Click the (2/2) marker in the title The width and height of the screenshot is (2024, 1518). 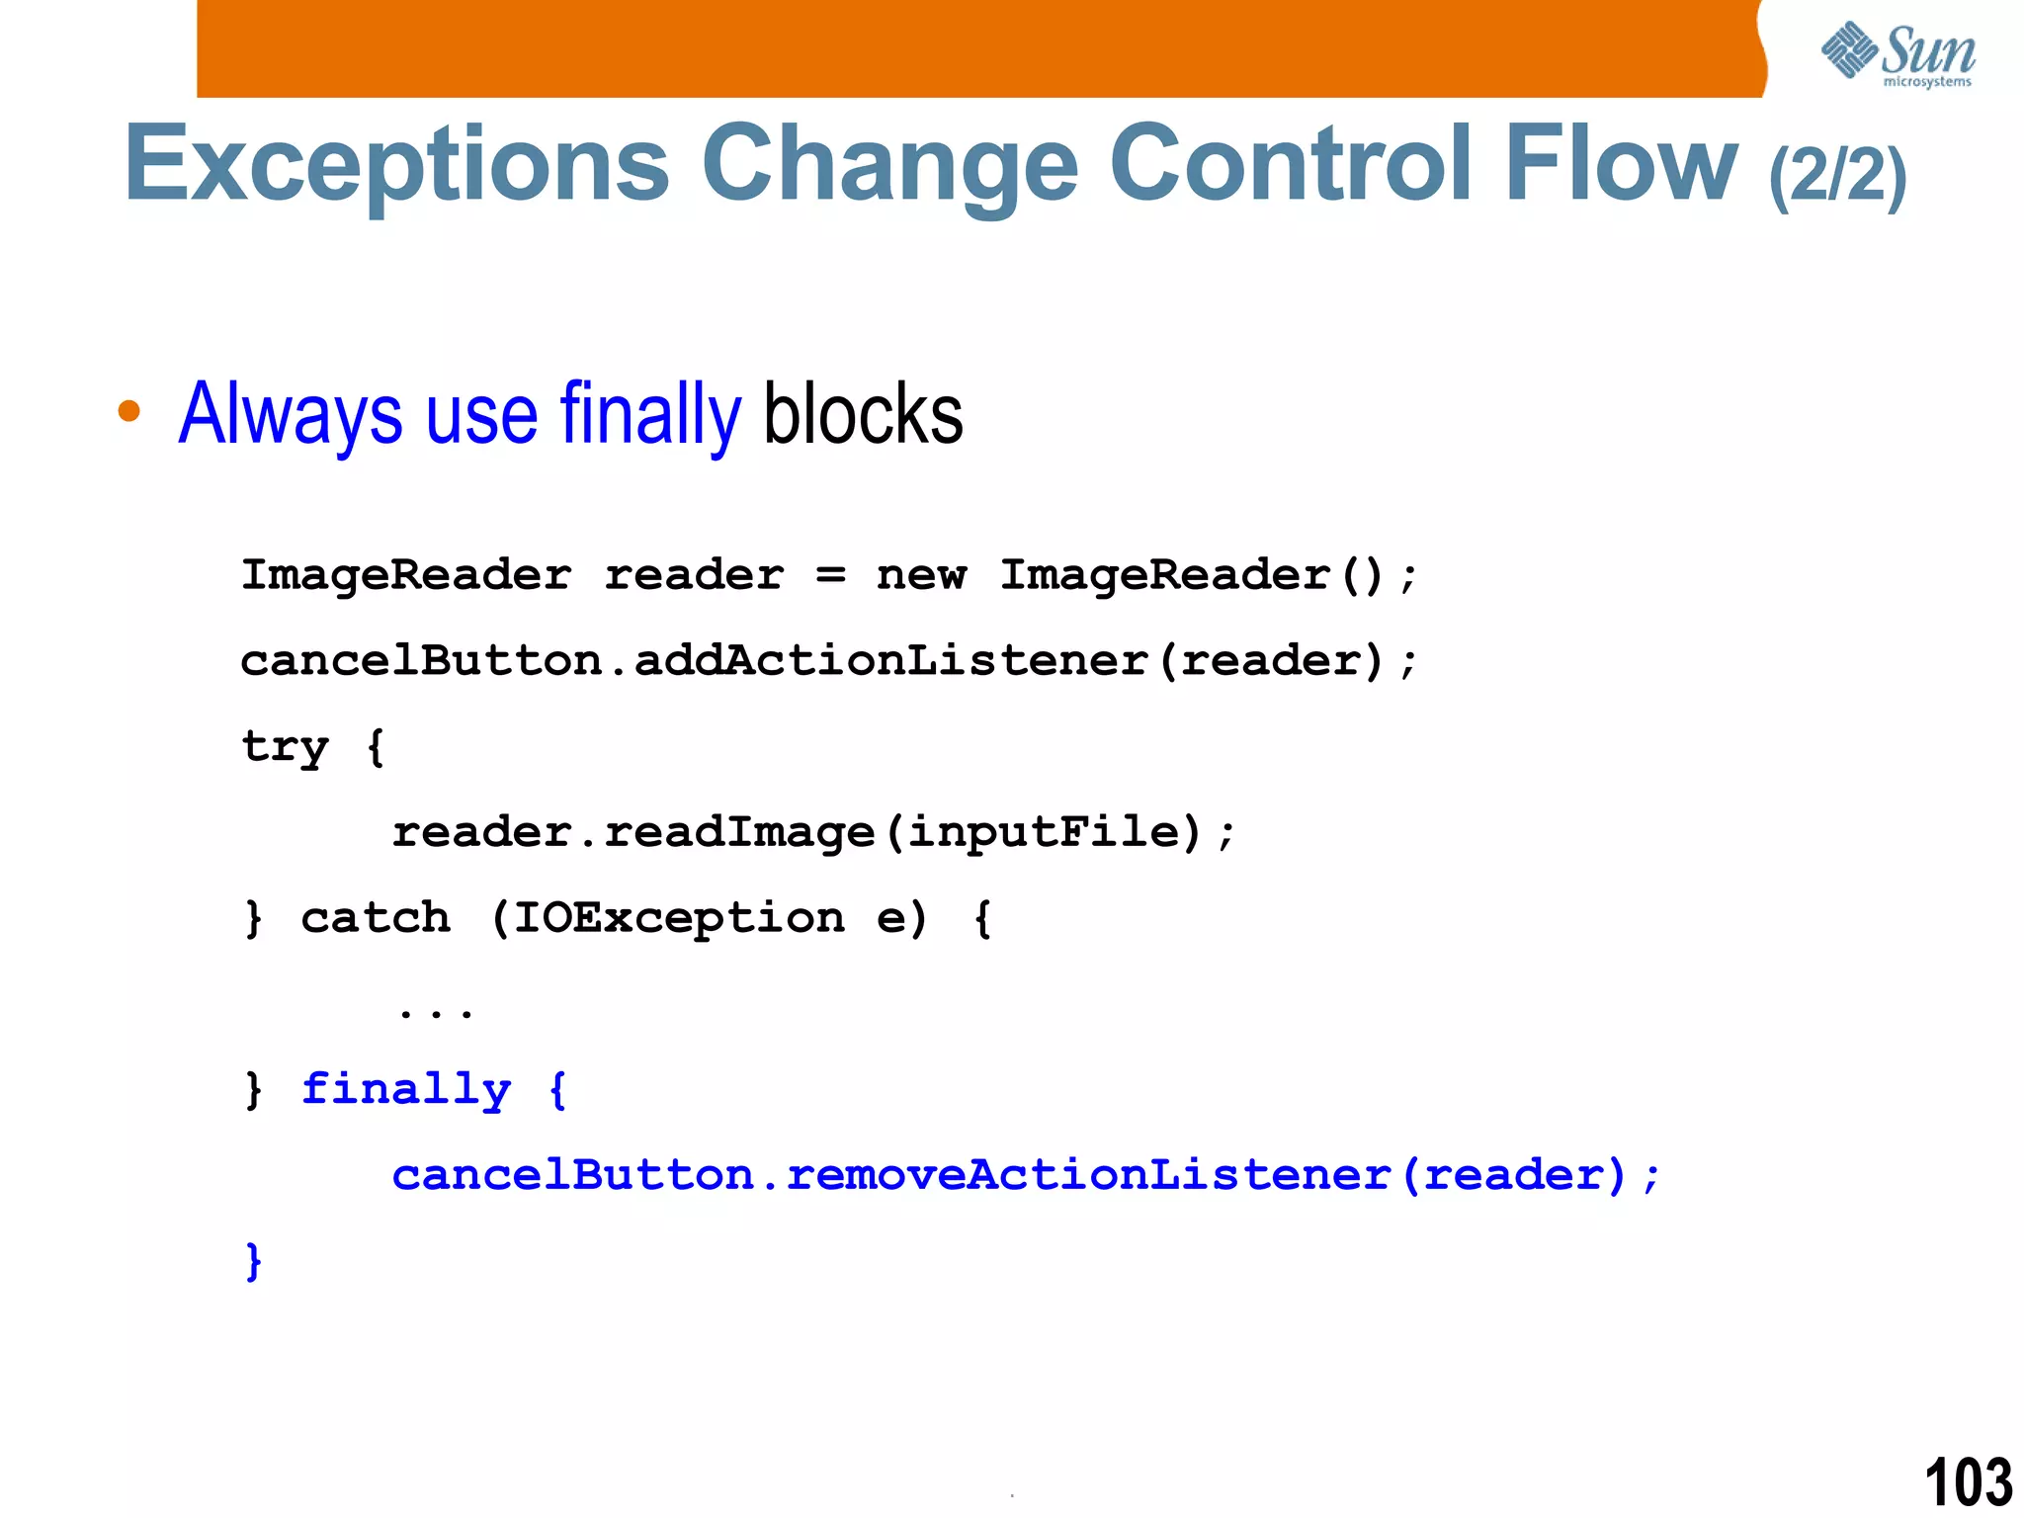(1837, 176)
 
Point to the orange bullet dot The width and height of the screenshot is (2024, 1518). (128, 410)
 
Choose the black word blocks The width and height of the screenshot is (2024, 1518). (863, 415)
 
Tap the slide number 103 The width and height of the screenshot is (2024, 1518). (1968, 1481)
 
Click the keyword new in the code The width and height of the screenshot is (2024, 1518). (921, 575)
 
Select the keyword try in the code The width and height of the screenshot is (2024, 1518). (285, 747)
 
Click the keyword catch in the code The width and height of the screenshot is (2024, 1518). (376, 918)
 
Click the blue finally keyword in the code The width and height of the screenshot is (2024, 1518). (406, 1090)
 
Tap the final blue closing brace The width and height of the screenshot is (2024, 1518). (254, 1261)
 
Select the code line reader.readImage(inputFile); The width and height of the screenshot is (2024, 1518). (813, 832)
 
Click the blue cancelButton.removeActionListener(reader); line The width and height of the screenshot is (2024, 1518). (1026, 1175)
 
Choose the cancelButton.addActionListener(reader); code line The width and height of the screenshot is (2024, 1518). (829, 661)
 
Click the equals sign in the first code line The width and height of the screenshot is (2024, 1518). (831, 575)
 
